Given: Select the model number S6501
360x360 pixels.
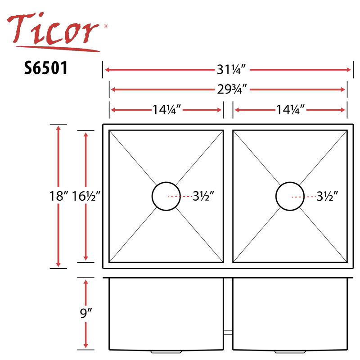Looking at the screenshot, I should click(46, 68).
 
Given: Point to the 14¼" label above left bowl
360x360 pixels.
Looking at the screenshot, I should click(166, 109).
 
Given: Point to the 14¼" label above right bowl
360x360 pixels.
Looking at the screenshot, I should click(290, 109).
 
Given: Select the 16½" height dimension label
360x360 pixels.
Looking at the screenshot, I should click(86, 196).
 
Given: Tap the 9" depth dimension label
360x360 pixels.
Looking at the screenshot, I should click(86, 313).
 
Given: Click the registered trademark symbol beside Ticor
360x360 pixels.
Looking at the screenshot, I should click(106, 27).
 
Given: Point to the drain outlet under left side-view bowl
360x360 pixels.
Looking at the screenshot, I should click(159, 351).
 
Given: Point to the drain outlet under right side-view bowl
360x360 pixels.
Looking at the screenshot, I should click(283, 351).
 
